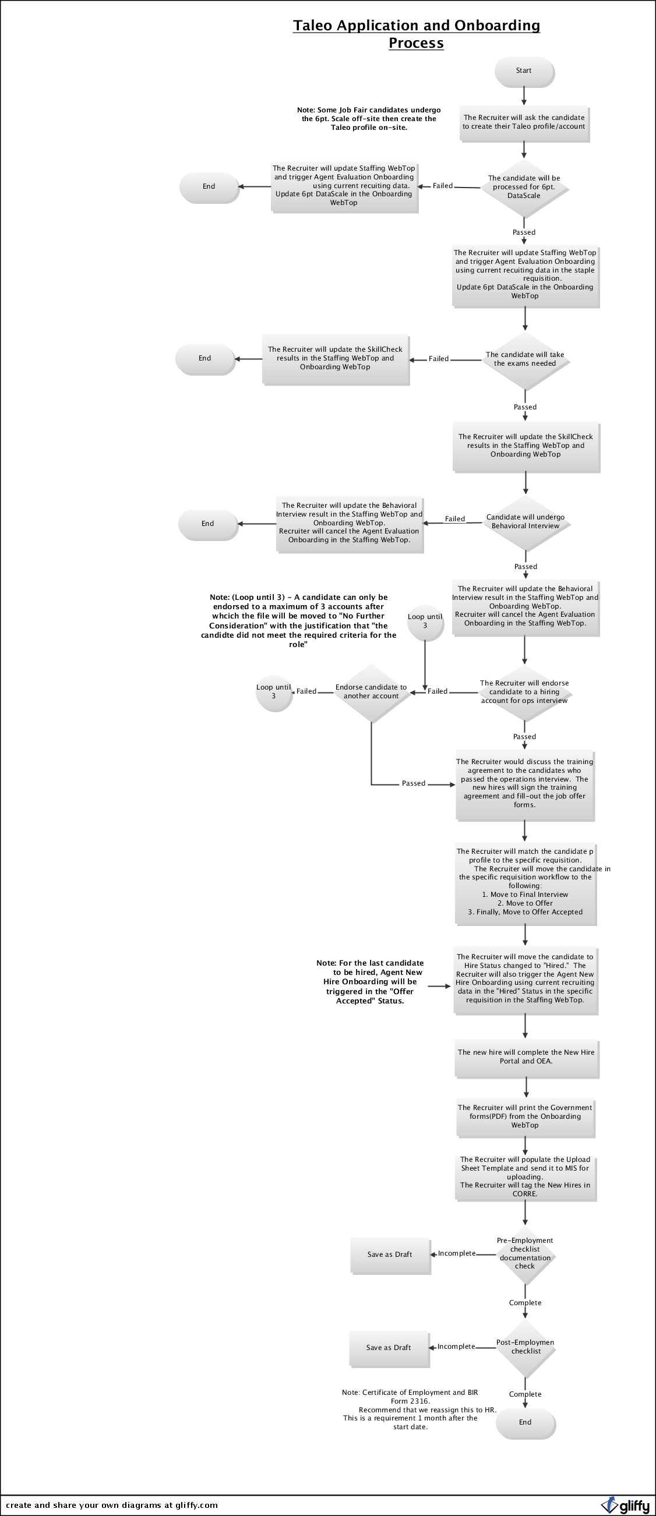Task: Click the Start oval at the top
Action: point(524,71)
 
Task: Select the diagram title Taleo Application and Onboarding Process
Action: point(416,34)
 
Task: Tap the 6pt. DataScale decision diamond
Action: point(524,187)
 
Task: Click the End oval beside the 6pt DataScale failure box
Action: point(209,186)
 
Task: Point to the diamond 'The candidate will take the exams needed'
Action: point(525,359)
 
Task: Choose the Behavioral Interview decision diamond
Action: point(525,522)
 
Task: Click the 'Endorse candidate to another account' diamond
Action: point(371,691)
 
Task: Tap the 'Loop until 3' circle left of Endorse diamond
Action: point(274,691)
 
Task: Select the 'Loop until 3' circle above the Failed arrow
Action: point(425,621)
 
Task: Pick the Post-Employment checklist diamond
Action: point(525,1347)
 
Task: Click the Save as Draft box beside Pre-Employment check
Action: point(390,1255)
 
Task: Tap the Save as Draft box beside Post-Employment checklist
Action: point(389,1348)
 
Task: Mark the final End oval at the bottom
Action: point(525,1422)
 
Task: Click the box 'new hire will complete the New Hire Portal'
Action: point(526,1057)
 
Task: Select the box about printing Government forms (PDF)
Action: point(525,1116)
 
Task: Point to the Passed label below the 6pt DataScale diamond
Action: point(524,232)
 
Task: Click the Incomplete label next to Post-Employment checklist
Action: point(456,1347)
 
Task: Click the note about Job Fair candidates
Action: point(369,119)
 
